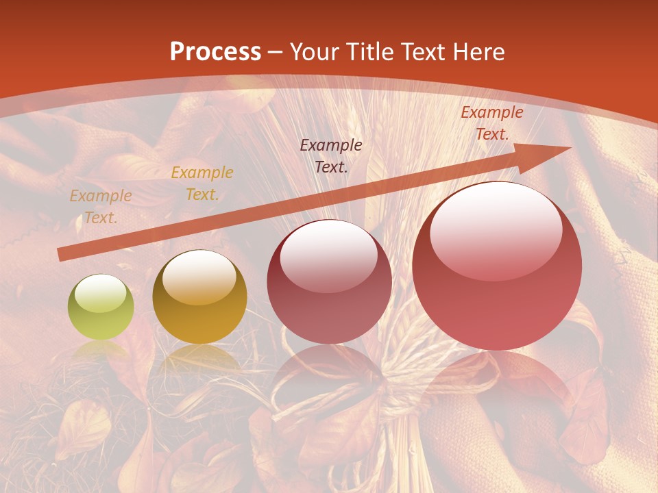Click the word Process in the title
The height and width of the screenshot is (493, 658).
215,51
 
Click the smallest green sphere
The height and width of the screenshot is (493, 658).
101,307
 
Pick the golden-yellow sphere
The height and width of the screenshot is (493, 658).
199,297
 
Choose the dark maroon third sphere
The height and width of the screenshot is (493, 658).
329,282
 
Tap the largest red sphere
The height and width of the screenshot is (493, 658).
497,266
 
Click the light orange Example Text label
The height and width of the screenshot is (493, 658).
101,207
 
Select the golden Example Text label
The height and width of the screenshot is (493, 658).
202,184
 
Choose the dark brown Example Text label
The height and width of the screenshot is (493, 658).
331,155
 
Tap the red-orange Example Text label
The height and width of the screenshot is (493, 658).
491,123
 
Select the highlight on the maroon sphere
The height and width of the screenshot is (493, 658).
329,253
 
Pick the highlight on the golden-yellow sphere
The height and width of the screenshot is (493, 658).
199,277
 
